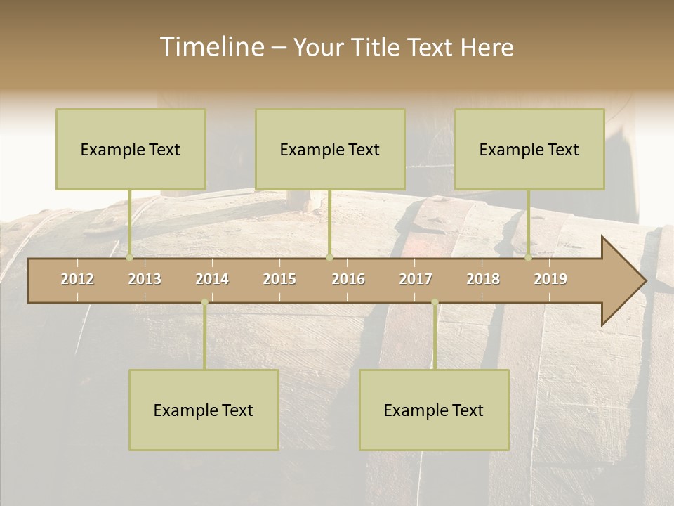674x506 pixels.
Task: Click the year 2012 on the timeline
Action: point(77,279)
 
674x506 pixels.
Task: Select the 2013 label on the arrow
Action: point(145,279)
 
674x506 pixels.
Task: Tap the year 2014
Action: point(212,279)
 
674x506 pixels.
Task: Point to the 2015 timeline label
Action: point(279,279)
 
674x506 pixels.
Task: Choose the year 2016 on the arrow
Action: point(348,279)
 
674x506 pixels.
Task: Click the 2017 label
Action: point(416,279)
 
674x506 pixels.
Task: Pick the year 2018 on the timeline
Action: point(483,279)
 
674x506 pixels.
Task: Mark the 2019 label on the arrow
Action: point(550,279)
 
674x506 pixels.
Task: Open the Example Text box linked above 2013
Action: point(131,149)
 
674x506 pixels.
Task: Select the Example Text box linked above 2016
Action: point(330,149)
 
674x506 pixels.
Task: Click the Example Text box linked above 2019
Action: point(529,149)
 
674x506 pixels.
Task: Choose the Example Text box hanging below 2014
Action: point(204,410)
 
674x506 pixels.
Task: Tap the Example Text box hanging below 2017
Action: point(434,410)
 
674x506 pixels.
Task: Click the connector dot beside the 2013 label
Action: point(129,257)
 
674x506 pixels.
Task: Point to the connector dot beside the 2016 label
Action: point(329,257)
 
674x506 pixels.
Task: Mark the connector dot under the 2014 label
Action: point(204,302)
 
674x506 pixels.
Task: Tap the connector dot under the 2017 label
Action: point(435,302)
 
